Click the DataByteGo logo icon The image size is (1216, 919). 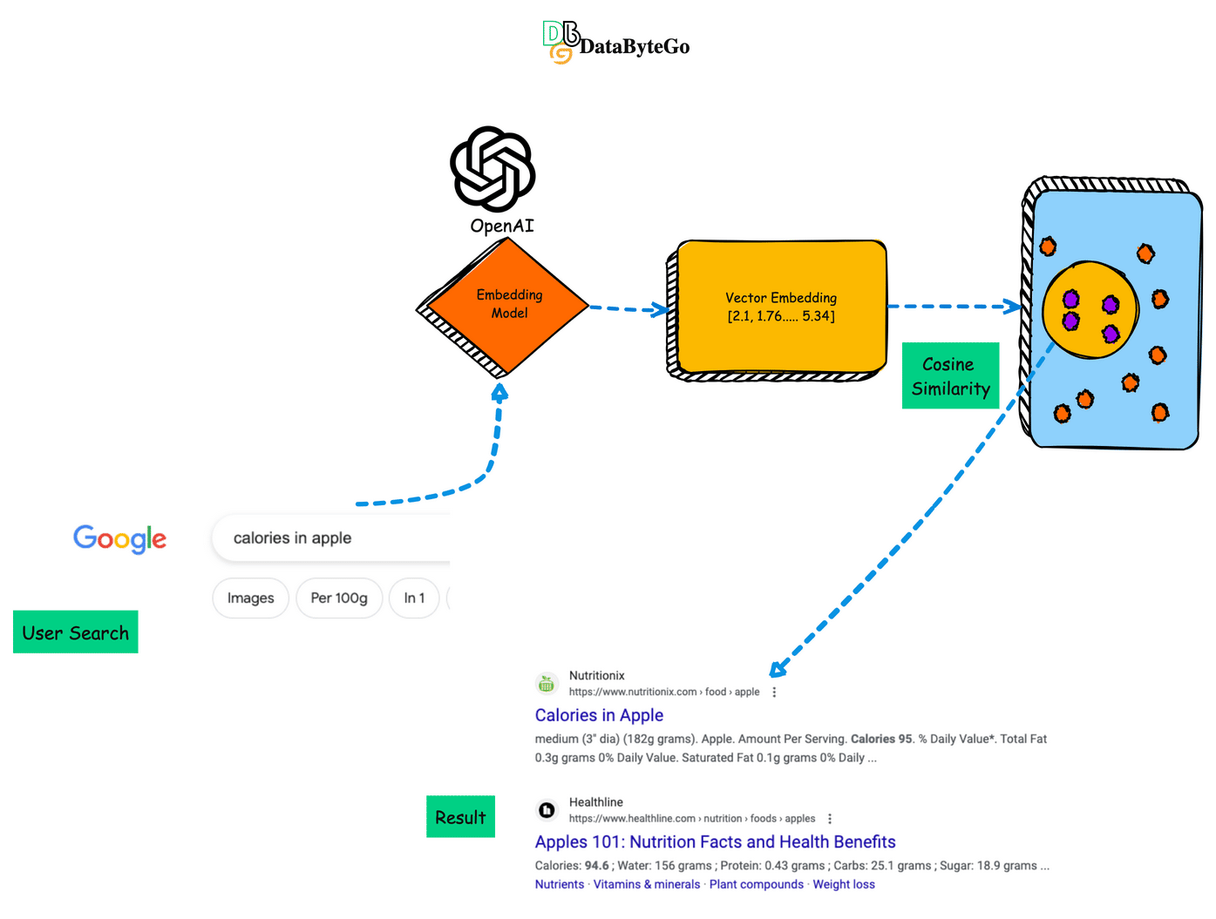point(560,42)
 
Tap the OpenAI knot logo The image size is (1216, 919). point(493,169)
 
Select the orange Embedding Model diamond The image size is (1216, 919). point(506,305)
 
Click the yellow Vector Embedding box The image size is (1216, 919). point(781,307)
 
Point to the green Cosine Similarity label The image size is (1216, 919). point(950,376)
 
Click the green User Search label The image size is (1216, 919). point(76,632)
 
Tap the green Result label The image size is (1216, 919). point(460,817)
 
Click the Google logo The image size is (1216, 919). point(120,538)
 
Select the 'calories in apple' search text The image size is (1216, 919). point(293,538)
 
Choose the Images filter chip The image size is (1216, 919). point(250,598)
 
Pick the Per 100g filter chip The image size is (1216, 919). point(339,598)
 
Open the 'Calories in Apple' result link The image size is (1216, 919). point(599,715)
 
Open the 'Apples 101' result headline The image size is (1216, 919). point(715,841)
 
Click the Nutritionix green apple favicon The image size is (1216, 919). point(547,684)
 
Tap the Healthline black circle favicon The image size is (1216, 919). point(547,810)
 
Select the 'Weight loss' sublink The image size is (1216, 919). point(844,884)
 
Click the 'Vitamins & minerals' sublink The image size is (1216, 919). point(647,884)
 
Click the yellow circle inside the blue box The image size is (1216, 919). point(1090,310)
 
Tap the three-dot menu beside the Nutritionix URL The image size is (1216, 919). point(774,693)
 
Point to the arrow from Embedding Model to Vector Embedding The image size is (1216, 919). point(628,308)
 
